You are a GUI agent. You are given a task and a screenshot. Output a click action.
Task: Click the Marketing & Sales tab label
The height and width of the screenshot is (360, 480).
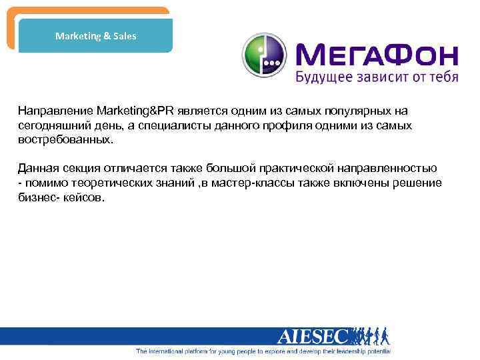pos(95,36)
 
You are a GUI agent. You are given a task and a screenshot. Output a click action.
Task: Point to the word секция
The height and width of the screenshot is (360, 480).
pos(80,167)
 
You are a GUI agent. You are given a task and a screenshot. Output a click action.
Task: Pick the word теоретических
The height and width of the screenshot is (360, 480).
pos(101,183)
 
